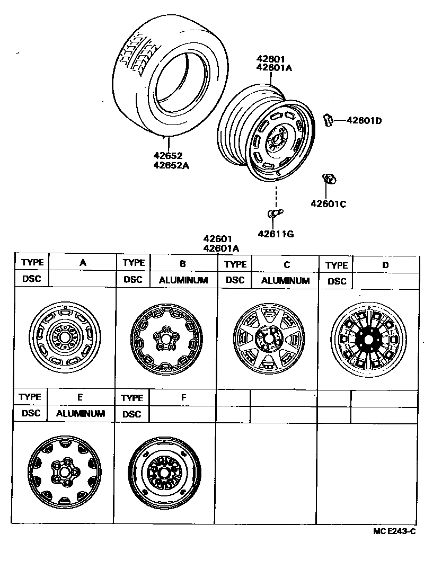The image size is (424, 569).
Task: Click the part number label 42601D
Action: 364,120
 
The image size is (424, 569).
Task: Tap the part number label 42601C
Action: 328,204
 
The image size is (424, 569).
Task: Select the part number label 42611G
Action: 276,233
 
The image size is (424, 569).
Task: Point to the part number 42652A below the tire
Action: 171,165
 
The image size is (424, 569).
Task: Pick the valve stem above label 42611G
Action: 273,214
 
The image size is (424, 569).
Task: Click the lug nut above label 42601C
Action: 329,180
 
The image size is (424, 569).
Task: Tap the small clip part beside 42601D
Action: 328,120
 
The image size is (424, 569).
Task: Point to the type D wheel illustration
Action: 368,339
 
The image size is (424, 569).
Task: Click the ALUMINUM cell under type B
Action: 183,280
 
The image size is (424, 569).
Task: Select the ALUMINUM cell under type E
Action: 81,413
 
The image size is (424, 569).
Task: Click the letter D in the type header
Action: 385,265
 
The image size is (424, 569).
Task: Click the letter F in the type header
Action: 182,397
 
